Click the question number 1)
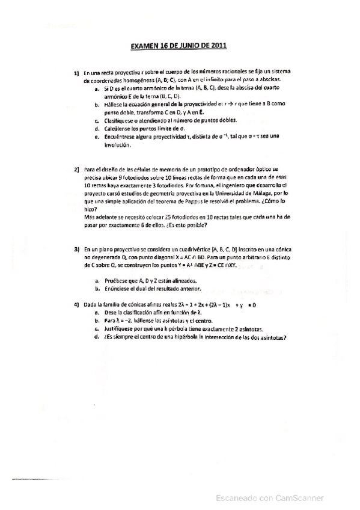tap(77, 73)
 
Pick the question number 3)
tap(77, 248)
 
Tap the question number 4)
tap(77, 305)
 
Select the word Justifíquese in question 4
tap(119, 329)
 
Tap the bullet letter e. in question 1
tap(97, 137)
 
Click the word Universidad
tap(222, 195)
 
